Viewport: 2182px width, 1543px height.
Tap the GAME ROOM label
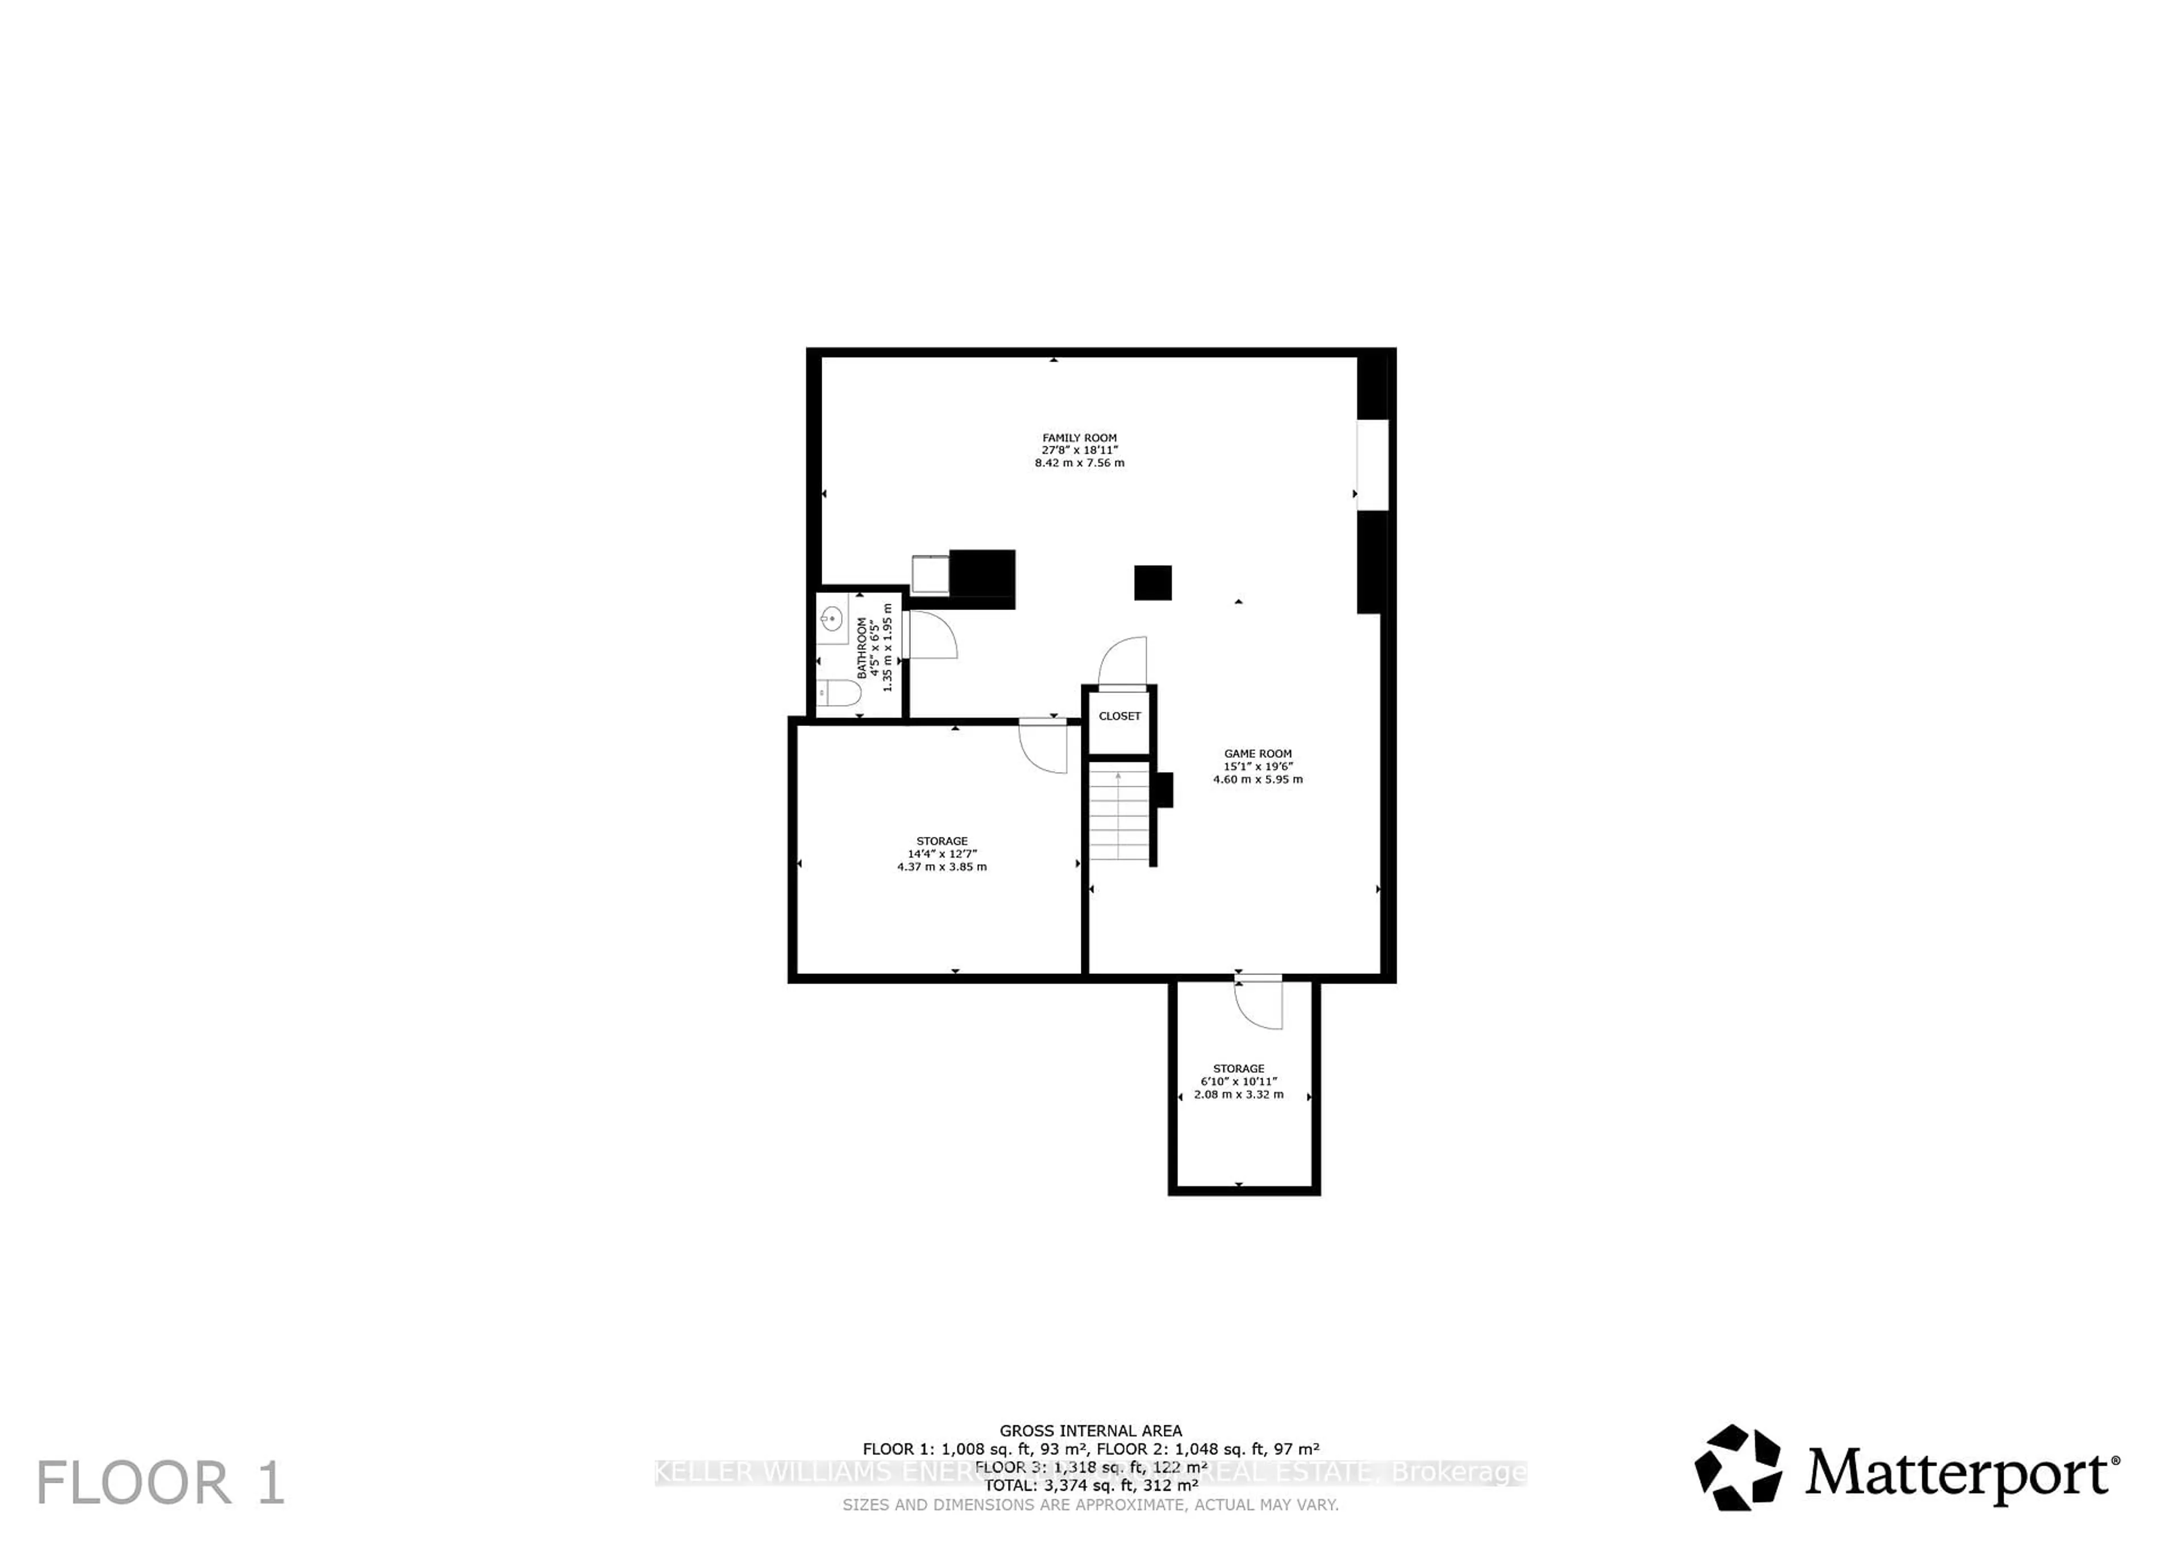tap(1257, 753)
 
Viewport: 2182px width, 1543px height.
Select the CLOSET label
tap(1119, 716)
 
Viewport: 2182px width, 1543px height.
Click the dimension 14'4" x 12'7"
tap(941, 854)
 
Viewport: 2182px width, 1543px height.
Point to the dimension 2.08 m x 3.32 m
tap(1238, 1094)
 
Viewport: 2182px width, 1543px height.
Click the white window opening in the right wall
tap(1371, 465)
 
